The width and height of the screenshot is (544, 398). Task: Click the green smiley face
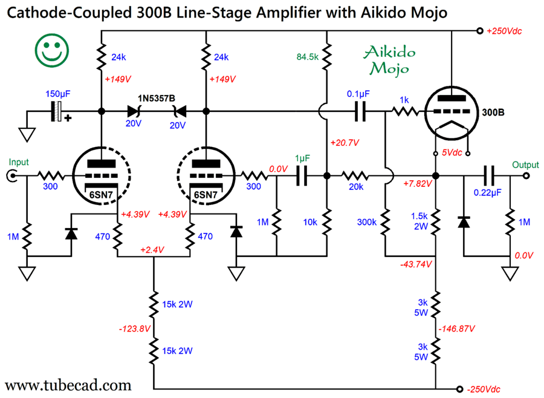click(x=52, y=51)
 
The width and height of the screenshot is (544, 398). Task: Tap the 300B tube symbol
click(x=452, y=113)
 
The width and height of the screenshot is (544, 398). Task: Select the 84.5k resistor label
click(x=308, y=57)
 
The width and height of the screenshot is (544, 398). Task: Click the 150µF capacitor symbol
click(x=57, y=111)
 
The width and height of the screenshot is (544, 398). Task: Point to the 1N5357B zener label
click(x=157, y=99)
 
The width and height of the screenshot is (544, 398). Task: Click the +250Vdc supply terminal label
click(x=504, y=31)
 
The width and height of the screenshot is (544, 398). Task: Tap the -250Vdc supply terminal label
click(x=484, y=390)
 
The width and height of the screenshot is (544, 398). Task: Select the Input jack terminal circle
click(x=11, y=176)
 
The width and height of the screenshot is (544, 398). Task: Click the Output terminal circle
click(x=526, y=176)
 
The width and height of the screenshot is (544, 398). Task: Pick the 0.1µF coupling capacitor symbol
click(x=360, y=111)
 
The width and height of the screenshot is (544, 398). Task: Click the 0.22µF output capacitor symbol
click(x=490, y=176)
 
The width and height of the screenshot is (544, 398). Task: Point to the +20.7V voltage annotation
click(x=345, y=143)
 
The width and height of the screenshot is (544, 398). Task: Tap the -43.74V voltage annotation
click(x=416, y=264)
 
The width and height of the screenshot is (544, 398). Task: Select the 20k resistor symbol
click(x=355, y=176)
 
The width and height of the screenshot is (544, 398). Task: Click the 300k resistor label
click(x=367, y=222)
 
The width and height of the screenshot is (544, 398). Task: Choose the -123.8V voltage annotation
click(x=135, y=328)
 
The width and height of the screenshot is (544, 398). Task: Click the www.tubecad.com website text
click(x=68, y=385)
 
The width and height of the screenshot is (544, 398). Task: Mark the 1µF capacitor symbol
click(x=302, y=176)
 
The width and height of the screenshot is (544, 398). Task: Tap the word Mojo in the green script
click(x=389, y=68)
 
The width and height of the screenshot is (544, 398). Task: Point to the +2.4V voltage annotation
click(x=152, y=250)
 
